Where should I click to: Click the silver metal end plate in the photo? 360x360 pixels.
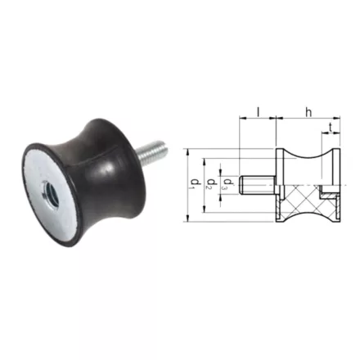[x=51, y=191]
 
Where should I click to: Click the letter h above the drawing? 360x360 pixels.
[x=308, y=112]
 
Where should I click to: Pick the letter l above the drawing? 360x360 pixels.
[x=258, y=112]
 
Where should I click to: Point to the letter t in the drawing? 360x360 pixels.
[x=331, y=127]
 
